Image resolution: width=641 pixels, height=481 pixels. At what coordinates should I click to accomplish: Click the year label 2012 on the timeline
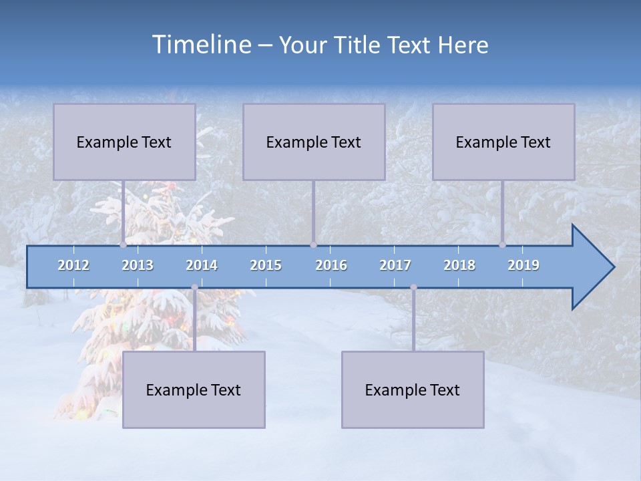(x=73, y=265)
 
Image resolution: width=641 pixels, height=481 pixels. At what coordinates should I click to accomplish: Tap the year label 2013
(x=138, y=265)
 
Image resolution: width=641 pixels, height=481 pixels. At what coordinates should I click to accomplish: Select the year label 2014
(x=202, y=265)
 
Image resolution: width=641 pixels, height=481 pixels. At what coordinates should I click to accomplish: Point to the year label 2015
(x=266, y=265)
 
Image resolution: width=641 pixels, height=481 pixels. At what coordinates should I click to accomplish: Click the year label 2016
(x=331, y=265)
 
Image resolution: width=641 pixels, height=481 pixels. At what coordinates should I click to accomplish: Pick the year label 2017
(x=395, y=265)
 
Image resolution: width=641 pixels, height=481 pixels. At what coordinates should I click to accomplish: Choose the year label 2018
(x=459, y=265)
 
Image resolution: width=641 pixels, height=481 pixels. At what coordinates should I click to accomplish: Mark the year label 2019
(x=523, y=265)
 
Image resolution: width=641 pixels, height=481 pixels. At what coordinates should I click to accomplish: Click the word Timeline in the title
(x=201, y=45)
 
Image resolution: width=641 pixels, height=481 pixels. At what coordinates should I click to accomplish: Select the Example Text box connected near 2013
(x=124, y=142)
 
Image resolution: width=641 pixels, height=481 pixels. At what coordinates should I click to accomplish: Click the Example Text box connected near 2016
(x=314, y=142)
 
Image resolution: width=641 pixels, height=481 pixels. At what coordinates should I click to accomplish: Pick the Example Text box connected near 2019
(x=503, y=142)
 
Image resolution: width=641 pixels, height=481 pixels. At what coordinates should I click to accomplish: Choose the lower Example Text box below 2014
(x=194, y=389)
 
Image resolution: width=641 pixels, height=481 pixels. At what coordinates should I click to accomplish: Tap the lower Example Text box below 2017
(x=413, y=389)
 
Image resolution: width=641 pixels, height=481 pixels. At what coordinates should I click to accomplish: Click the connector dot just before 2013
(x=123, y=245)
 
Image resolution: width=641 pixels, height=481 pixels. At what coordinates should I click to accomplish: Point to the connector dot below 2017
(x=413, y=287)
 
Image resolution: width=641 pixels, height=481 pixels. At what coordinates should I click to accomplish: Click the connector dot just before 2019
(x=503, y=245)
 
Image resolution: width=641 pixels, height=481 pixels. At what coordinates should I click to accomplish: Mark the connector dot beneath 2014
(x=194, y=287)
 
